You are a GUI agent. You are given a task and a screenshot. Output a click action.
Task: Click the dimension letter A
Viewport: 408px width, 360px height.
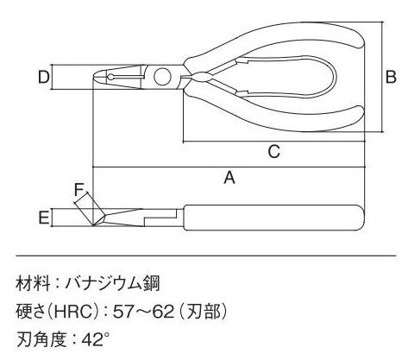click(229, 177)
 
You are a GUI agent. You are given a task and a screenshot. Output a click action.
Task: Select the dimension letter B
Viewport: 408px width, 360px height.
click(391, 77)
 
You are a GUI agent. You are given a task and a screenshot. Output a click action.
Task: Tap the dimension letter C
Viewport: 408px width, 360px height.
click(274, 151)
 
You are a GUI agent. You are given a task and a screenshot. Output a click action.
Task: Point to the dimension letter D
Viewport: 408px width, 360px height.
click(44, 77)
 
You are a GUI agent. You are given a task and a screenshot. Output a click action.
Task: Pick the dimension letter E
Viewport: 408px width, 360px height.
click(44, 217)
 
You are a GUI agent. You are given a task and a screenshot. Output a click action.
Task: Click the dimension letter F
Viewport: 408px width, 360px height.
click(78, 190)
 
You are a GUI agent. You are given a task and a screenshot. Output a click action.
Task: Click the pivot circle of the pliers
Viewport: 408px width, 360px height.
click(162, 77)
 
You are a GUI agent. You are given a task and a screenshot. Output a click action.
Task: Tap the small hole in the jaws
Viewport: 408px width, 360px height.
click(110, 77)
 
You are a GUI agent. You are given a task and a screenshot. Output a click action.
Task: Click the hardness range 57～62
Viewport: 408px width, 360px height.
click(144, 312)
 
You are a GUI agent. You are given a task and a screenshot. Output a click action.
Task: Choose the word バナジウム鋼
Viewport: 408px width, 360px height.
click(112, 284)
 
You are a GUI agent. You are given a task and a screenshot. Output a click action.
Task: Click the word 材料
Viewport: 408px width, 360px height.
click(33, 284)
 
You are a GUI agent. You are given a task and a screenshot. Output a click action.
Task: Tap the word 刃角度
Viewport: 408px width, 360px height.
click(41, 339)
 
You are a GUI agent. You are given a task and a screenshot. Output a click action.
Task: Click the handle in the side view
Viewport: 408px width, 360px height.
click(273, 218)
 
